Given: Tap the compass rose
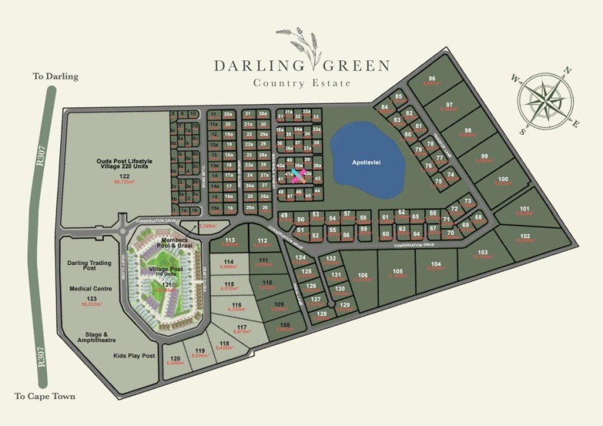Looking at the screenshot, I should [545, 101].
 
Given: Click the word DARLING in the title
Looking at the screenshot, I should [258, 66].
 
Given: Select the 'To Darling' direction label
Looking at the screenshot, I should [56, 76].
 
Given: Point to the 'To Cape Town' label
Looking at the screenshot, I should [45, 396].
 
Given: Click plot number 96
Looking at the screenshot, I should [431, 78].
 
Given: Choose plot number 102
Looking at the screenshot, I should [525, 235].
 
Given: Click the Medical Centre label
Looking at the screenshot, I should [90, 289].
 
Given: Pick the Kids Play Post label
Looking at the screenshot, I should [134, 355].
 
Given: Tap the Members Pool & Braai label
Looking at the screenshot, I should [173, 243].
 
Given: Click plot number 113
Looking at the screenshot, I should [230, 239].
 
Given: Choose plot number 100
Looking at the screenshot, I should [503, 178].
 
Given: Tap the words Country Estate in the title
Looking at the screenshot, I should [301, 83].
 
